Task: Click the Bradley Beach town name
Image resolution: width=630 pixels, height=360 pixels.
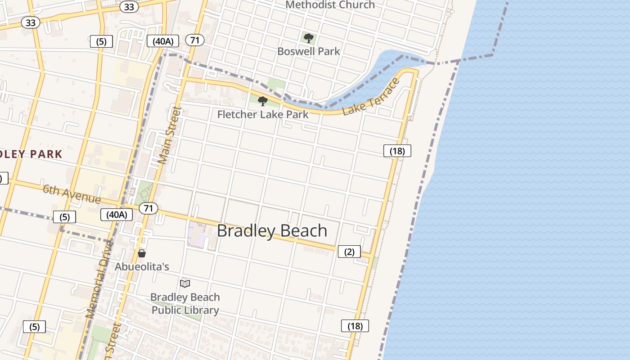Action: pos(272,230)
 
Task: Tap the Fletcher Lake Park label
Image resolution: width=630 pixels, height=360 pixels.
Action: pos(263,114)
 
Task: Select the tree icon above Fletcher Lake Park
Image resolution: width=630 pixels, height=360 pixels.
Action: pos(263,101)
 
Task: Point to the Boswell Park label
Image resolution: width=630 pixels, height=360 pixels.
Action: pos(309,51)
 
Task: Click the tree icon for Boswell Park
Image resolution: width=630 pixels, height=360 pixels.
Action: pos(308,38)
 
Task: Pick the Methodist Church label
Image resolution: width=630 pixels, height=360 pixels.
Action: pos(330,5)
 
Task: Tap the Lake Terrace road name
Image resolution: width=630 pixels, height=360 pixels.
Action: pos(371,97)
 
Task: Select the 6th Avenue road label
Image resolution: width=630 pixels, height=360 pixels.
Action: pos(72,193)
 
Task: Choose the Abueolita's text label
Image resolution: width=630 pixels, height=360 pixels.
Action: pos(142,266)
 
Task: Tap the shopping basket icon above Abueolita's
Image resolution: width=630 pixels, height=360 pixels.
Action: pos(142,253)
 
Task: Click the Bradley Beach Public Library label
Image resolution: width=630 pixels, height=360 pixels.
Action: pos(185,304)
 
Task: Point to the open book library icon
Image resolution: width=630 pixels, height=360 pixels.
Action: pos(185,283)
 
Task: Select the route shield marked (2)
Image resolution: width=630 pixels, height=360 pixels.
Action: pos(349,252)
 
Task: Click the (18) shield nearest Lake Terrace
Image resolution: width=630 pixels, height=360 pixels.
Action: pos(397,151)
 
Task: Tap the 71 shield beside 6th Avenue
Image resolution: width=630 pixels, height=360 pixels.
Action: pos(148,208)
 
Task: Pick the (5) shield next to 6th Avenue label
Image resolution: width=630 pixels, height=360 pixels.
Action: pos(64,217)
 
